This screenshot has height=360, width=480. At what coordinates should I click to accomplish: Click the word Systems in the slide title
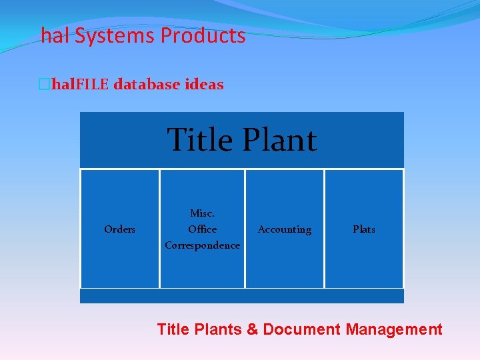point(114,36)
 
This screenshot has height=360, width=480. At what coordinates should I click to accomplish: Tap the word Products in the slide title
point(202,36)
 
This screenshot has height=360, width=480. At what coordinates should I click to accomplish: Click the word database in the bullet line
point(147,85)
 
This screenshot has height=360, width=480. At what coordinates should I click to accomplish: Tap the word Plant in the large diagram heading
point(280,140)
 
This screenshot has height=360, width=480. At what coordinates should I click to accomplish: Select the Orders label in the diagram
point(120,229)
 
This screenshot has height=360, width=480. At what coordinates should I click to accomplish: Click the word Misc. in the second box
point(202,213)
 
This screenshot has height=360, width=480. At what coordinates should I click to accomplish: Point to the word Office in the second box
point(202,229)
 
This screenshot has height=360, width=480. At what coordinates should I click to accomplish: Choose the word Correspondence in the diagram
point(202,245)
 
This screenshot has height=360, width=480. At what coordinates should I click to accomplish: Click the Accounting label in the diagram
point(285,229)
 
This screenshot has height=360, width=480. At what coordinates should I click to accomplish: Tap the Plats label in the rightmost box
point(364,229)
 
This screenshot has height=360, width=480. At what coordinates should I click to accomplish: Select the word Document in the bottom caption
point(301,329)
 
